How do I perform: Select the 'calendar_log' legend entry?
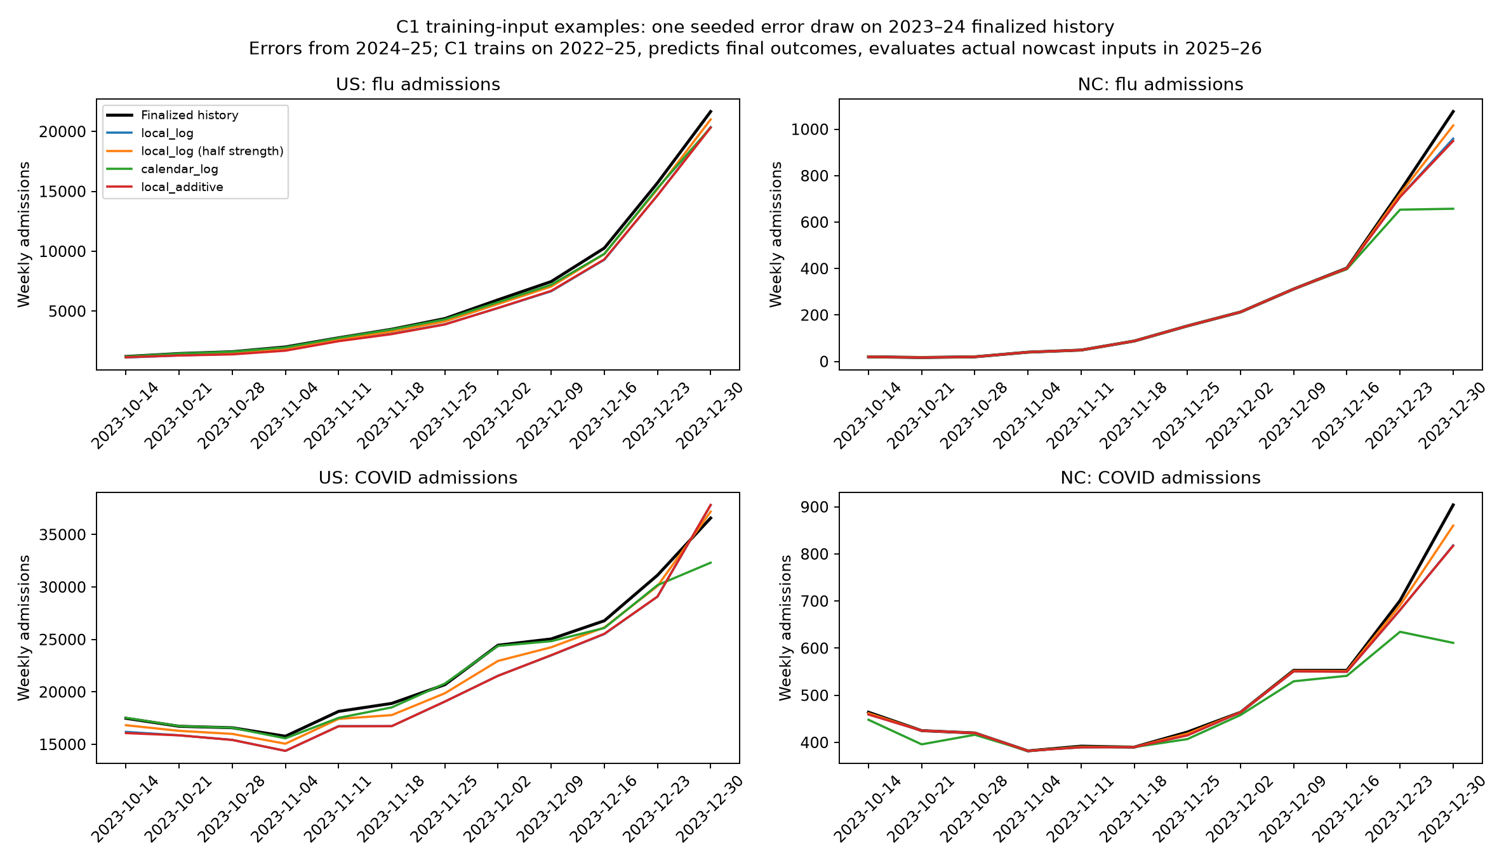[162, 169]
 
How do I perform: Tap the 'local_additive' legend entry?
[164, 187]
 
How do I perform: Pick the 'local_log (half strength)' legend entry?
[195, 151]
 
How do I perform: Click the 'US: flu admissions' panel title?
[418, 84]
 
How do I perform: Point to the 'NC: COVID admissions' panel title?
[1161, 478]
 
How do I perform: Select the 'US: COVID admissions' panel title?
[418, 478]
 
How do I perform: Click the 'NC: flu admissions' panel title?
[1161, 84]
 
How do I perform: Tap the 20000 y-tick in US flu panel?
[62, 132]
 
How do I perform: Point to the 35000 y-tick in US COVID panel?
[62, 535]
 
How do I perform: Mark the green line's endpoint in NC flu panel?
[1453, 209]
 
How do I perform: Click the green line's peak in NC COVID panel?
[1400, 631]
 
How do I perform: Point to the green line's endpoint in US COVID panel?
[711, 562]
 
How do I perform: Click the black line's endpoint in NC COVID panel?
[1453, 504]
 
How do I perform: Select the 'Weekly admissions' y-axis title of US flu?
[24, 234]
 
